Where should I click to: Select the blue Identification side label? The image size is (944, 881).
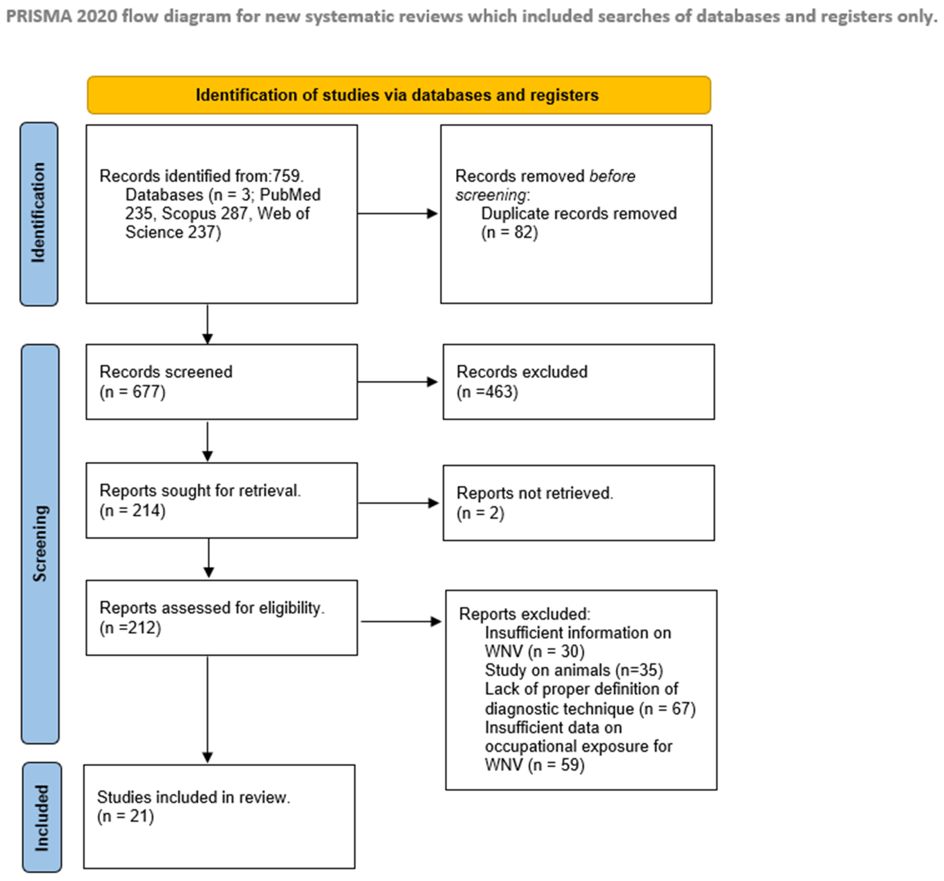[x=39, y=213]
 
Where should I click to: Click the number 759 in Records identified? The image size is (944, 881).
[x=286, y=176]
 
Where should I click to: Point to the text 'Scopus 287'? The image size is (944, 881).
[x=205, y=213]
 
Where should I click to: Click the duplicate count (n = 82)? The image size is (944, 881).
[x=509, y=232]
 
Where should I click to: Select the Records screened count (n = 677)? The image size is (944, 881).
[x=132, y=392]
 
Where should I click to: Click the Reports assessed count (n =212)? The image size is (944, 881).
[x=130, y=628]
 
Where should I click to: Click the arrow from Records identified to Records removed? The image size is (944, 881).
[x=397, y=213]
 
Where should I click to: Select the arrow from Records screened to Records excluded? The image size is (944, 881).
[x=397, y=382]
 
